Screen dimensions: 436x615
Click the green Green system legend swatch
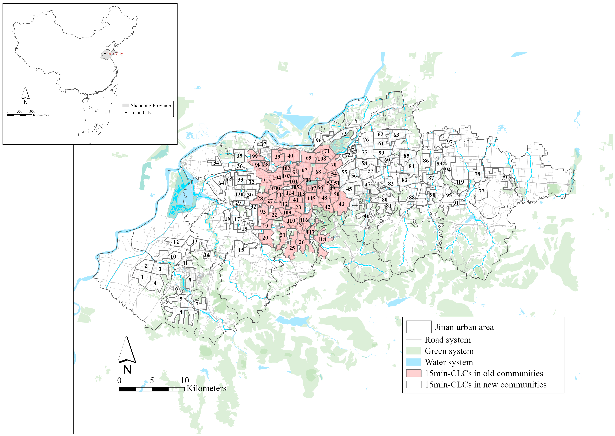(413, 351)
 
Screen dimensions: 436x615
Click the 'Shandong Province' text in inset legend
(151, 106)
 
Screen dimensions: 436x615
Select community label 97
(450, 142)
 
